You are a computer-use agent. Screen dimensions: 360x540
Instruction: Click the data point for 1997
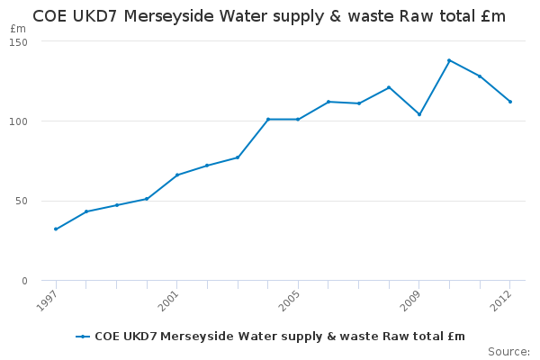[x=56, y=229]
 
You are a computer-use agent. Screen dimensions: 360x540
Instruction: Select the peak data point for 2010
[x=449, y=60]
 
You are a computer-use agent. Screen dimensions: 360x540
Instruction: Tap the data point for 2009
[x=419, y=114]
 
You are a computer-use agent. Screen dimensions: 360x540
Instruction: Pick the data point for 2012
[x=510, y=102]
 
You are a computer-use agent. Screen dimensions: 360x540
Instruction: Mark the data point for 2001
[x=177, y=175]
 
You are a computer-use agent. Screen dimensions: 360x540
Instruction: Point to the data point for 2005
[x=298, y=119]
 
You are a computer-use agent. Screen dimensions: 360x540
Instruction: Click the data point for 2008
[x=389, y=87]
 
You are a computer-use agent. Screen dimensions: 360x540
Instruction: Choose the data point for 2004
[x=268, y=119]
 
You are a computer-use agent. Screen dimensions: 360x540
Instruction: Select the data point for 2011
[x=480, y=76]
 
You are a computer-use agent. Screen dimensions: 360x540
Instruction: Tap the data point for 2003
[x=238, y=157]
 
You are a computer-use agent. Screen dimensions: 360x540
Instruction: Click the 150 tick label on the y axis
[x=19, y=42]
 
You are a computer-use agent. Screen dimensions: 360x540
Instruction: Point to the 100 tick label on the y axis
[x=19, y=121]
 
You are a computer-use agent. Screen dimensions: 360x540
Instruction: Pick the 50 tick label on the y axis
[x=22, y=201]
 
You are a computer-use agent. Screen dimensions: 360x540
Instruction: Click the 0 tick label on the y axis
[x=24, y=281]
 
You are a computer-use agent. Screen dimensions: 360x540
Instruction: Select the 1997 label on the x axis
[x=49, y=299]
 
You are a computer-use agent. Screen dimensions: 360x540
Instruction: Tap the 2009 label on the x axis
[x=413, y=299]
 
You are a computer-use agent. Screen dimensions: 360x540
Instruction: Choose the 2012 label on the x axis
[x=504, y=299]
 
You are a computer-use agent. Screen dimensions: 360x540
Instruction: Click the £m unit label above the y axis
[x=18, y=29]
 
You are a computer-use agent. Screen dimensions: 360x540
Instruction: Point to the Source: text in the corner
[x=508, y=351]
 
